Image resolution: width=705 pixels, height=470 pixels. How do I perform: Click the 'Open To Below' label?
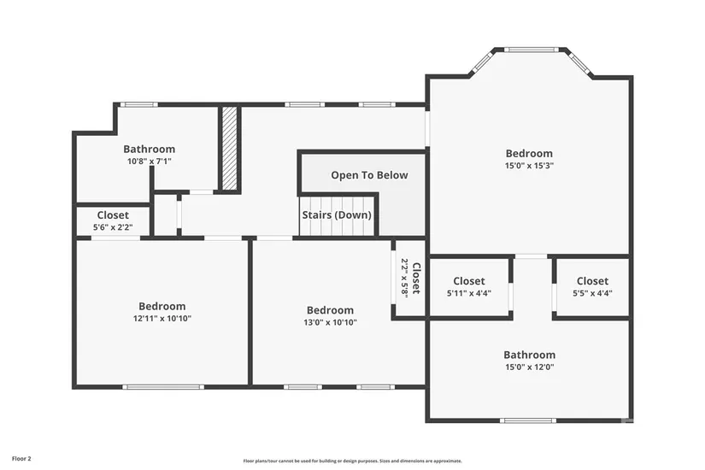point(369,175)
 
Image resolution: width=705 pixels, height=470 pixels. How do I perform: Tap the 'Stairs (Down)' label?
point(337,215)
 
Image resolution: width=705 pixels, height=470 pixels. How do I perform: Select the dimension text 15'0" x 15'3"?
point(529,166)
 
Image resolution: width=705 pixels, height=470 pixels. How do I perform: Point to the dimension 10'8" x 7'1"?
point(150,161)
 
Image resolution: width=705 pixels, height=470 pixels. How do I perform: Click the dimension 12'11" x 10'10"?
point(162,319)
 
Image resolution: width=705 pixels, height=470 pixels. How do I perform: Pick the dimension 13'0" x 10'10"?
point(330,322)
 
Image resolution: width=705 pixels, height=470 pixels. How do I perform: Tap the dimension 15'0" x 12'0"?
point(529,367)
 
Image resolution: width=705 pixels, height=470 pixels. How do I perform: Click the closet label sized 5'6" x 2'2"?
point(113,215)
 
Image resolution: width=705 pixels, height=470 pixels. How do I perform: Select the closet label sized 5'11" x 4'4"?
point(469,281)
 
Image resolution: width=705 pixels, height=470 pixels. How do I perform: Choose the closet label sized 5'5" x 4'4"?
point(592,281)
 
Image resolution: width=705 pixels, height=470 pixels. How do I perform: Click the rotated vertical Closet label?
point(417,279)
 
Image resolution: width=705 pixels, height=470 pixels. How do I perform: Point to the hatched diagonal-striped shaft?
point(229,148)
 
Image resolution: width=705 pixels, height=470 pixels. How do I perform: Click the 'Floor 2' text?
point(21,459)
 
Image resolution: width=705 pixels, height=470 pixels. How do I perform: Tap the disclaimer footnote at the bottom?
point(352,461)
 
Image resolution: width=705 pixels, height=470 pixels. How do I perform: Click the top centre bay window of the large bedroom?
point(531,50)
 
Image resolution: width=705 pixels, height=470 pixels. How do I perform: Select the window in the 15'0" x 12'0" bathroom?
point(528,420)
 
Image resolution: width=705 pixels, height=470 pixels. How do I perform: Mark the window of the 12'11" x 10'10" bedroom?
point(163,387)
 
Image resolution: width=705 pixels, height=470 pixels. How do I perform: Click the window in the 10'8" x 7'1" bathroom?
point(139,104)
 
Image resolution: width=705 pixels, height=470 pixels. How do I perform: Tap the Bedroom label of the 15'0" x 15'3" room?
point(529,153)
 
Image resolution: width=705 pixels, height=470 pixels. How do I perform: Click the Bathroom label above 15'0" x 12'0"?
point(529,355)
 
